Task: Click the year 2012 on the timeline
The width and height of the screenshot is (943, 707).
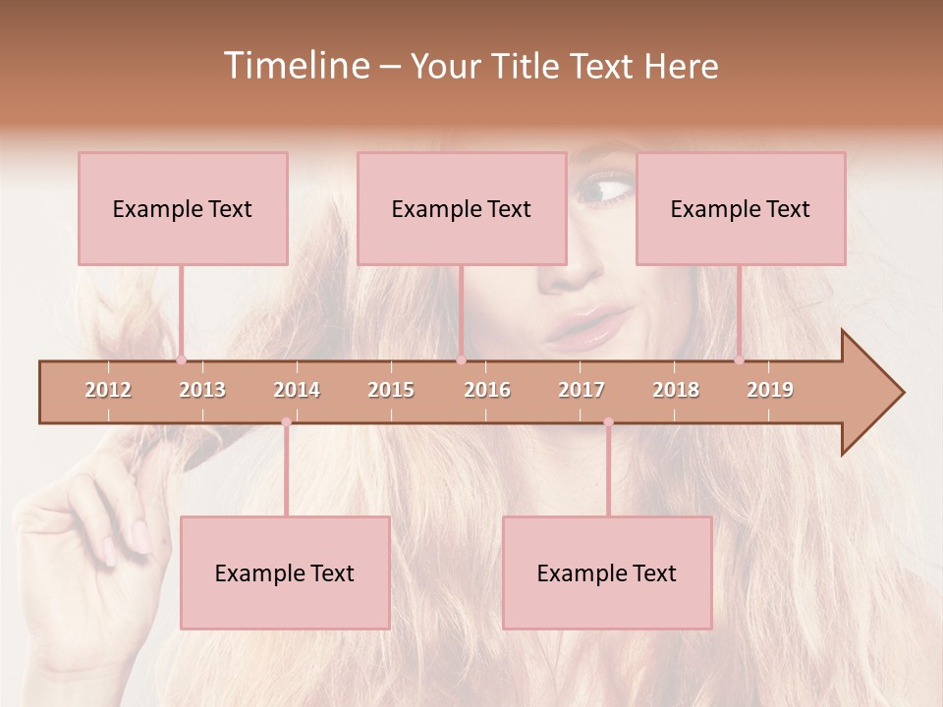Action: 108,390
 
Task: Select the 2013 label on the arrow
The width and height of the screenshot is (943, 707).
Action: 202,390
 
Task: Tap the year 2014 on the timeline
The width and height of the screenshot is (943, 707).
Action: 297,390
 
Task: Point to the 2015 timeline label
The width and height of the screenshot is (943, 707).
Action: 391,390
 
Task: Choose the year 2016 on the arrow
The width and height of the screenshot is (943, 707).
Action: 487,390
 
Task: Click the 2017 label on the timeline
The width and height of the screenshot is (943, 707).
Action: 582,390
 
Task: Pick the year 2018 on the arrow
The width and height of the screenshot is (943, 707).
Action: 676,390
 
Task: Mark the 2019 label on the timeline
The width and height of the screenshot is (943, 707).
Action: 770,390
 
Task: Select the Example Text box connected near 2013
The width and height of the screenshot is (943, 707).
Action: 183,208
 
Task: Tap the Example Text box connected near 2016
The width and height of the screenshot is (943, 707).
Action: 462,208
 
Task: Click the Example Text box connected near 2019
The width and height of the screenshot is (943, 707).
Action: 741,208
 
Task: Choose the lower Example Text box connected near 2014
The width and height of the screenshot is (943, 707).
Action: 285,572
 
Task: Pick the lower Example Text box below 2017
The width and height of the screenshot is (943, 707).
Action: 607,572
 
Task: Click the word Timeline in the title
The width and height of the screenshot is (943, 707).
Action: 296,66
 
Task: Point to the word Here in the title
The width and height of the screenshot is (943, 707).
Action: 681,66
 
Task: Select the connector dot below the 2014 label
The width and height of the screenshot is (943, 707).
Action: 286,422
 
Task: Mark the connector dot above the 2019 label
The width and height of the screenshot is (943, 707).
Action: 740,359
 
